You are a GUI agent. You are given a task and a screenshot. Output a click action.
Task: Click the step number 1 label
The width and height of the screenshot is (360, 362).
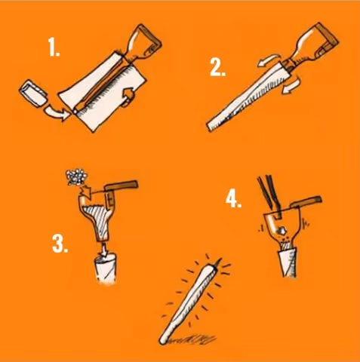tap(54, 48)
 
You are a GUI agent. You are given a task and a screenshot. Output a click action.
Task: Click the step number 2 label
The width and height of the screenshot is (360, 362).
tap(217, 68)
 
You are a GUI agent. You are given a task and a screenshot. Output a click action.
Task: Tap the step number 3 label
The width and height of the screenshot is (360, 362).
tap(60, 244)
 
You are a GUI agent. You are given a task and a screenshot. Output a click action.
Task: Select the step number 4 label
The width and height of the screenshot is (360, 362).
tap(233, 199)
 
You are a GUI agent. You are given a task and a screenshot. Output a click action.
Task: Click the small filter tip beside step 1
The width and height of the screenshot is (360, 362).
tap(32, 94)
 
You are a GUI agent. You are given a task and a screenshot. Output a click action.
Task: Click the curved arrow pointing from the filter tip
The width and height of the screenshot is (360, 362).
tap(57, 114)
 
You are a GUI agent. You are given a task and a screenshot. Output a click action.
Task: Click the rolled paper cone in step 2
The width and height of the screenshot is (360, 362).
tap(247, 98)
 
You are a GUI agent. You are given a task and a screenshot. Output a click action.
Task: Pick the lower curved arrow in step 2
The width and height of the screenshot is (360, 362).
tap(291, 85)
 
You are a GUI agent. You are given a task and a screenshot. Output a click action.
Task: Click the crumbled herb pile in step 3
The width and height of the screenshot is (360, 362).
tap(76, 177)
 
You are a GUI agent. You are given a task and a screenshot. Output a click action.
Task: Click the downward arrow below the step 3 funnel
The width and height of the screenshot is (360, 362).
tap(104, 249)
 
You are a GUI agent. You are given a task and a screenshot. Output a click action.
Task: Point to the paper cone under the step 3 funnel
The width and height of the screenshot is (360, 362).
tap(106, 269)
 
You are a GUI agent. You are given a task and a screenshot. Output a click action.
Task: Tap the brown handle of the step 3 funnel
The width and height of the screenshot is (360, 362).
tap(122, 186)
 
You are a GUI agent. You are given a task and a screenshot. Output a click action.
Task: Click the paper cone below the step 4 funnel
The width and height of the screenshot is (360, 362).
tap(288, 262)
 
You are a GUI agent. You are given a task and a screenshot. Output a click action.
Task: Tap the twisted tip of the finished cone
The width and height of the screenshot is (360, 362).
tap(216, 264)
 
